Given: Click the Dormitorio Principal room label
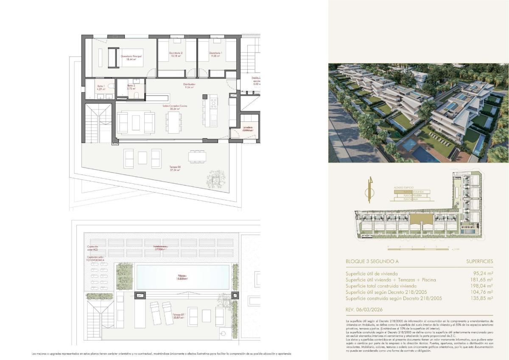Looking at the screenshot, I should [x=131, y=58].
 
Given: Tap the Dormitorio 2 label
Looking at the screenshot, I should [x=176, y=54].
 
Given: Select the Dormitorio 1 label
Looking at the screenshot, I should [x=215, y=54].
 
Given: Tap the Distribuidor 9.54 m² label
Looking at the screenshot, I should [x=189, y=86].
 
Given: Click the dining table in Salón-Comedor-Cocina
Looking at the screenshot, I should [x=174, y=122].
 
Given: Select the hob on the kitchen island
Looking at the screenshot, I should [x=213, y=104].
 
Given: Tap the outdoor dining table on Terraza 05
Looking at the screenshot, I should [x=197, y=157].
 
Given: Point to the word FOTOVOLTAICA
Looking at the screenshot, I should [x=95, y=260].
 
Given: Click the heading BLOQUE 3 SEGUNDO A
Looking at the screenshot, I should [x=372, y=262].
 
